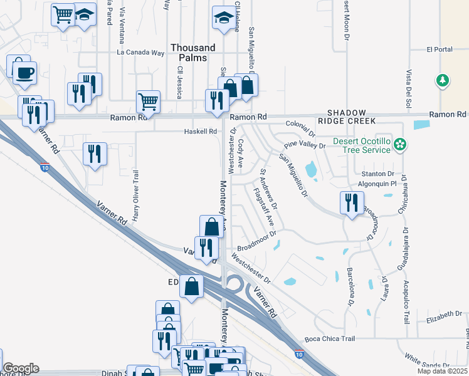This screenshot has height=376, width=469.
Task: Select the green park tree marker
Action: coord(443,80)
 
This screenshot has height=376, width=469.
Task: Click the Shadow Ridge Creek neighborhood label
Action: coord(346,116)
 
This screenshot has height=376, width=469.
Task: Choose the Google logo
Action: coord(21,368)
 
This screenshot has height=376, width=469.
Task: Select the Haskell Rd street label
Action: coord(200,132)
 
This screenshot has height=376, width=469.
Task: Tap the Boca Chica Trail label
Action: coord(330,339)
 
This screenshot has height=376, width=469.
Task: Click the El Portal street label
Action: coord(439,49)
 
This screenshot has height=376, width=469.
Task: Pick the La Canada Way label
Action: coord(140,53)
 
